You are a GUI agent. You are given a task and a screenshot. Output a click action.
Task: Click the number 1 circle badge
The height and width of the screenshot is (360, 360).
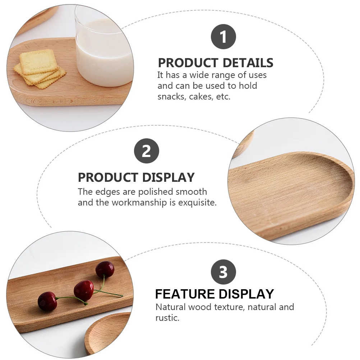223,37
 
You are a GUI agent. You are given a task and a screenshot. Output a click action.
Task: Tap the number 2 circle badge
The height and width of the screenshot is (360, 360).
146,151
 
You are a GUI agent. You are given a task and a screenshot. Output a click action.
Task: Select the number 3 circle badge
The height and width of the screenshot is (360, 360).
223,272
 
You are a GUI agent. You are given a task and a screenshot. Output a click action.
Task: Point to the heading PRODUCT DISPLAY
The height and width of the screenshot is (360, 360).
136,177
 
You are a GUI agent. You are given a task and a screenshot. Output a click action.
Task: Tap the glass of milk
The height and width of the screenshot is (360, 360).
104,54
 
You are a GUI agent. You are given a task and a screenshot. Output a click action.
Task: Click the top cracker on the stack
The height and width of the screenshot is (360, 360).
38,61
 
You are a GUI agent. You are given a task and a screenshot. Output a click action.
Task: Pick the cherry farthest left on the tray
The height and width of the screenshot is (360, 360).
47,301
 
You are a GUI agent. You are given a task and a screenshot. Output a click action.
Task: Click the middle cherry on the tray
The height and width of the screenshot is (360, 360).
84,290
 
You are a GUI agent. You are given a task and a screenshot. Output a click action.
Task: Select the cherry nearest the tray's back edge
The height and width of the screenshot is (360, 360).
105,269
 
